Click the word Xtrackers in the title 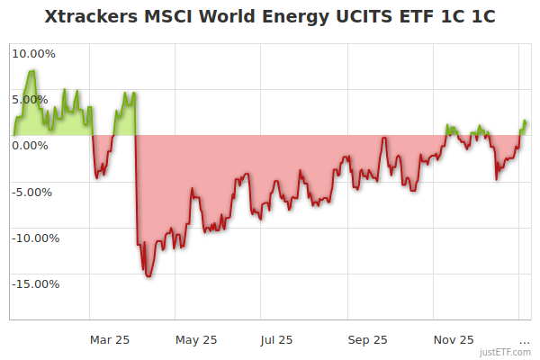(89, 17)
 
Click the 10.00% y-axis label (33, 53)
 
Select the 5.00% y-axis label (33, 99)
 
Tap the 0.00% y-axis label (33, 145)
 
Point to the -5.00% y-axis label (33, 192)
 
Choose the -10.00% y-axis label (33, 238)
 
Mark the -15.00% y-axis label (33, 284)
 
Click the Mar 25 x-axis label (110, 339)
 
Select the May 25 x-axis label (195, 339)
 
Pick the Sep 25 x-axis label (367, 339)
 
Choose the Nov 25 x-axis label (453, 339)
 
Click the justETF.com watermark (505, 352)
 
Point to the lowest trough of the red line (148, 276)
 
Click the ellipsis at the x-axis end (525, 339)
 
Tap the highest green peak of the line (32, 70)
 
